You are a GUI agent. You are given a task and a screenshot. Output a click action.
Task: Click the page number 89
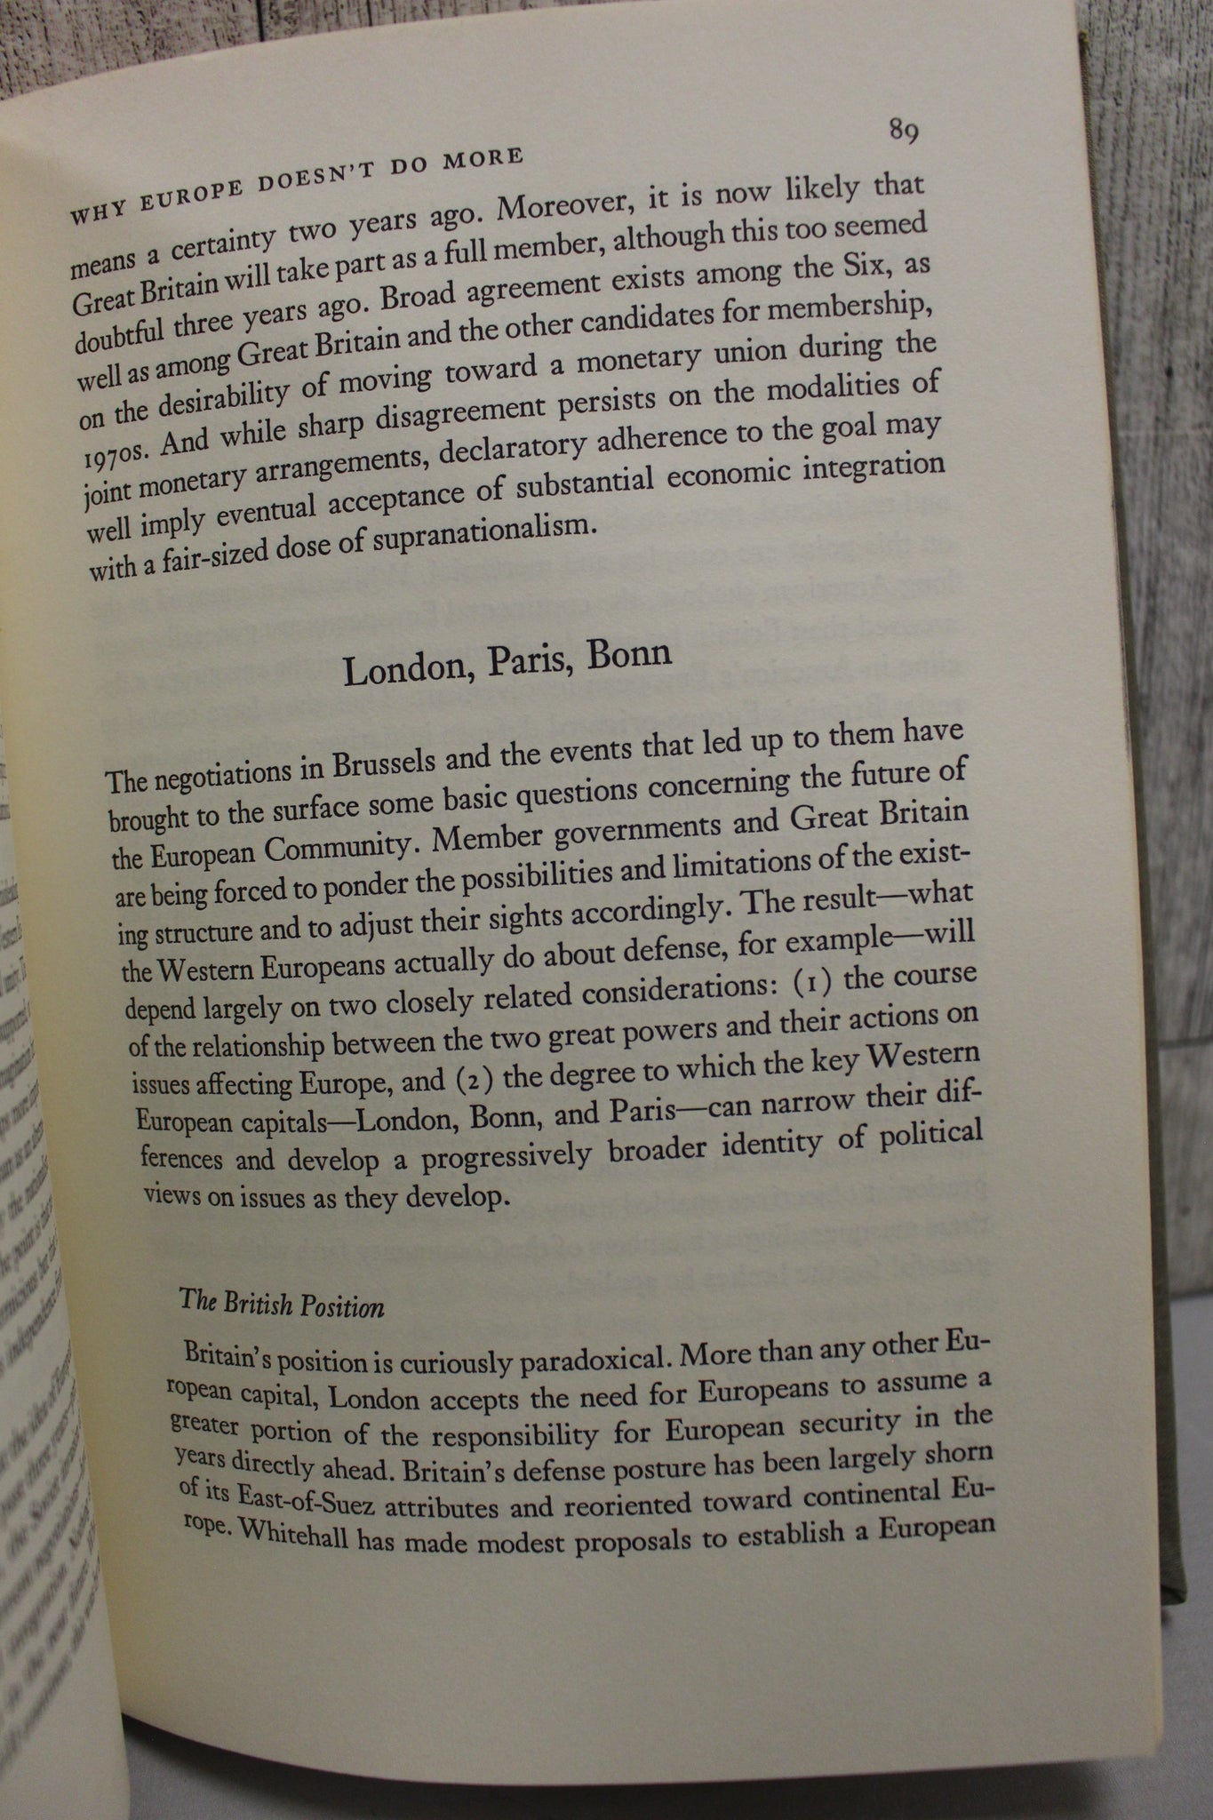903,132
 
